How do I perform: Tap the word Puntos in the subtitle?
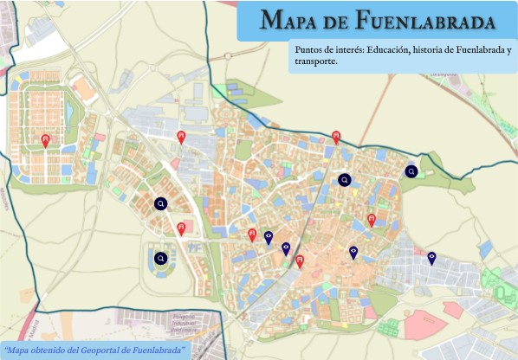point(310,50)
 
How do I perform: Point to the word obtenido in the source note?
point(43,350)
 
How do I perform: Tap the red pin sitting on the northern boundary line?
point(336,137)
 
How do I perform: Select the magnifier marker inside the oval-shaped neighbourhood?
point(161,258)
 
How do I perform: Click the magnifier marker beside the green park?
point(411,171)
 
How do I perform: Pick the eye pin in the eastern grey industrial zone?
point(431,257)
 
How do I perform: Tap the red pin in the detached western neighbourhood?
point(46,139)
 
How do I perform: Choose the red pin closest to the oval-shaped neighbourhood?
point(181,228)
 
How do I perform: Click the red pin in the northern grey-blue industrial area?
point(181,137)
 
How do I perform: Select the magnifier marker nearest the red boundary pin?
point(345,180)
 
